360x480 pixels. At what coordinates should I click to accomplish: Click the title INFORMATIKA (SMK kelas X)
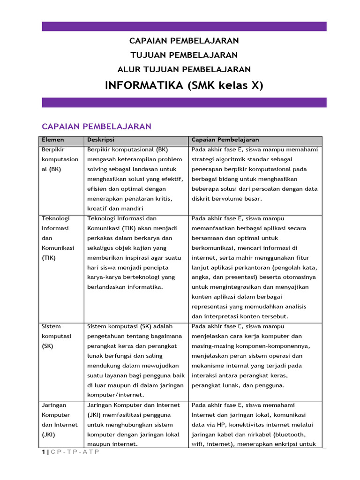click(184, 85)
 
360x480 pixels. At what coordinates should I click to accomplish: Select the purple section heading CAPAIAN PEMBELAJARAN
click(97, 127)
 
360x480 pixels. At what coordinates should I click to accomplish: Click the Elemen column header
click(53, 140)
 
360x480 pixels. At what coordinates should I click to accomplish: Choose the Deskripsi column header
click(101, 140)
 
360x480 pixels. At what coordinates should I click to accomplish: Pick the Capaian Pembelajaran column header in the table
click(225, 140)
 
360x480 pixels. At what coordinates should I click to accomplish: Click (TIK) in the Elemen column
click(49, 258)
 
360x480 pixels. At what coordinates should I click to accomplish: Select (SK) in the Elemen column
click(48, 346)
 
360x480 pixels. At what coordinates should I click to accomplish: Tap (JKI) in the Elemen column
click(49, 435)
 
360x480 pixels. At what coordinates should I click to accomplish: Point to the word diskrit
click(202, 199)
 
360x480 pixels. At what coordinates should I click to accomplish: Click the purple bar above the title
click(184, 26)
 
